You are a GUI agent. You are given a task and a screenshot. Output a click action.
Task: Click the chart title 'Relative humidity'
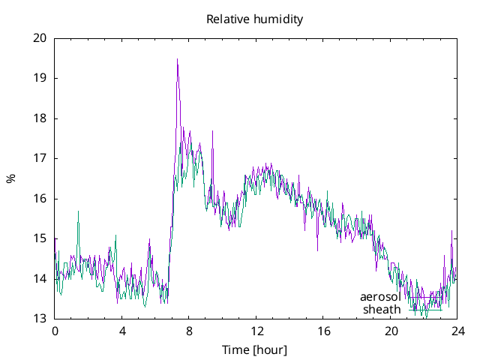click(255, 19)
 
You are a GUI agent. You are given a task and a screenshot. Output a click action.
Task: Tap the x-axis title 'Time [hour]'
click(255, 350)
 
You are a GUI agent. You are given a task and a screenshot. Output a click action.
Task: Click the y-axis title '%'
click(10, 178)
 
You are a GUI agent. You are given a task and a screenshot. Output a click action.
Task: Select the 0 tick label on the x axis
click(55, 331)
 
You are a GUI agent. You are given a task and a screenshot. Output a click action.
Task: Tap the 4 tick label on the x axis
click(122, 331)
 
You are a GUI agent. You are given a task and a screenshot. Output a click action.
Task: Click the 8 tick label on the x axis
click(189, 331)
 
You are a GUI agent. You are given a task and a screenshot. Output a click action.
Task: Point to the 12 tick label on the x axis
click(256, 331)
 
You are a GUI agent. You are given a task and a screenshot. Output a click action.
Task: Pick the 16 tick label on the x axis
click(323, 331)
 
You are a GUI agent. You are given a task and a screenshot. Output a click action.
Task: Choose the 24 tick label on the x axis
click(457, 331)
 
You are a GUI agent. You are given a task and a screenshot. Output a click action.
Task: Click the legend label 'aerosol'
click(380, 297)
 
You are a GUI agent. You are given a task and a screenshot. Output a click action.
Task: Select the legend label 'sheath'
click(382, 309)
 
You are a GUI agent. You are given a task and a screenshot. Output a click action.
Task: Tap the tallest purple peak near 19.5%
click(177, 59)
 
